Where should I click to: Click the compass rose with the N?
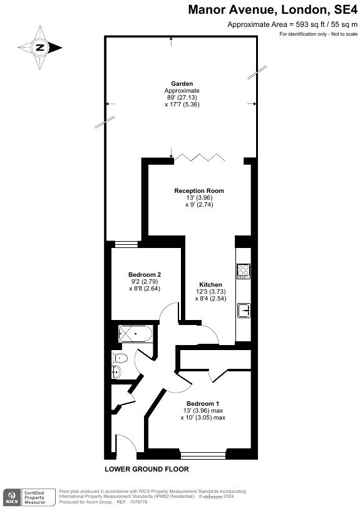coord(39,47)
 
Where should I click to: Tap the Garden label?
coord(182,83)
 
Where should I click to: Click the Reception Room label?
coord(199,190)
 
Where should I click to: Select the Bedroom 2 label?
coord(145,275)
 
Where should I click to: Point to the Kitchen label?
coord(210,285)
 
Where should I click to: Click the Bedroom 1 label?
coord(203,403)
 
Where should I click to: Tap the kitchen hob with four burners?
coord(243,271)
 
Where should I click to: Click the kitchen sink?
coord(243,310)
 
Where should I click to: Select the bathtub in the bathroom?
coord(135,334)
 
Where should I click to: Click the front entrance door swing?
coord(124,443)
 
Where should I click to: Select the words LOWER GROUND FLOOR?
coord(147,469)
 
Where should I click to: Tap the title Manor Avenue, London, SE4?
coord(273,9)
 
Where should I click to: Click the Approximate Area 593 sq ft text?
coord(292,24)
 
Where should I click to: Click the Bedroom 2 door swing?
coord(167,311)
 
